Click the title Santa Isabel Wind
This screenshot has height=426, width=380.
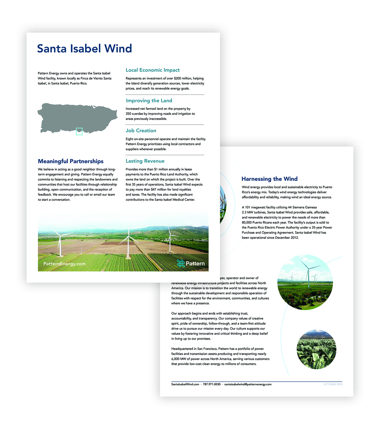pyautogui.click(x=84, y=48)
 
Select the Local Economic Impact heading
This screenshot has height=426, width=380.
pyautogui.click(x=153, y=70)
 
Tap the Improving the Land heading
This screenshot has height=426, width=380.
pyautogui.click(x=149, y=101)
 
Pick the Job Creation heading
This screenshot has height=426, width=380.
pyautogui.click(x=141, y=131)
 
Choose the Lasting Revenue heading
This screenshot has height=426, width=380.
pyautogui.click(x=145, y=161)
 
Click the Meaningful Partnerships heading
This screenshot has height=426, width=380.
pyautogui.click(x=71, y=161)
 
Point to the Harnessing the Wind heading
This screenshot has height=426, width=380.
pyautogui.click(x=269, y=179)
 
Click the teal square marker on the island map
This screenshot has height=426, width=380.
pyautogui.click(x=79, y=131)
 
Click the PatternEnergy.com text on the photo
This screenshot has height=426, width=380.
pyautogui.click(x=64, y=264)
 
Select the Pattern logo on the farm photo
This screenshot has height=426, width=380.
pyautogui.click(x=191, y=263)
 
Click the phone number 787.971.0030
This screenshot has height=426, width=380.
pyautogui.click(x=212, y=384)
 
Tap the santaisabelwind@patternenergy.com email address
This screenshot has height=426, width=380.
pyautogui.click(x=248, y=384)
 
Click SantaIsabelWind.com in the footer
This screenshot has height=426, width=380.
pyautogui.click(x=185, y=384)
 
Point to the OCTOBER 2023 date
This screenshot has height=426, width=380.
pyautogui.click(x=333, y=384)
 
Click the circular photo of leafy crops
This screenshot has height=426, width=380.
pyautogui.click(x=316, y=349)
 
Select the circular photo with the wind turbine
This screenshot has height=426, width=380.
pyautogui.click(x=305, y=282)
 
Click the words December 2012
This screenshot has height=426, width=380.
pyautogui.click(x=287, y=238)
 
